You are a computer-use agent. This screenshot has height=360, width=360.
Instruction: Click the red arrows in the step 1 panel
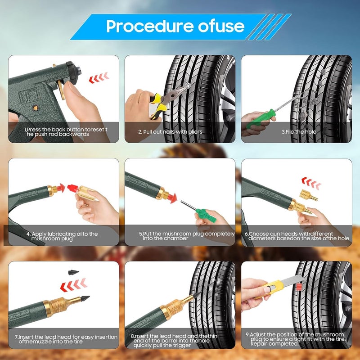(99, 77)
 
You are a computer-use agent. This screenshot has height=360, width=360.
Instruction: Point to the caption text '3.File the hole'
(299, 132)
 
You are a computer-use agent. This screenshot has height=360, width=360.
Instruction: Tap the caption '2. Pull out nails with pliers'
(170, 132)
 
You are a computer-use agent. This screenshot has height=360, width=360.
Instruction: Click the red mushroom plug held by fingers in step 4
(73, 188)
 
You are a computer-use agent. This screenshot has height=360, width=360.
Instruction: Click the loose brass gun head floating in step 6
(308, 195)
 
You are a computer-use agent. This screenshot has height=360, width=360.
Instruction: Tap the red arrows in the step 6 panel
(311, 183)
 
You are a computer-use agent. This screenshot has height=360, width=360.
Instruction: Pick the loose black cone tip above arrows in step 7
(73, 272)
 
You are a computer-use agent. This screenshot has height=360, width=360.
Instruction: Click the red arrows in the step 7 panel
(73, 285)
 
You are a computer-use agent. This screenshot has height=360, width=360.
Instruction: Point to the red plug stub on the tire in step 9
(299, 287)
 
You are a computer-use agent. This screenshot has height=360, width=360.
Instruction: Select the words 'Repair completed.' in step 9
(274, 344)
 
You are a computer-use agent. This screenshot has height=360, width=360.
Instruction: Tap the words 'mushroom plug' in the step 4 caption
(52, 239)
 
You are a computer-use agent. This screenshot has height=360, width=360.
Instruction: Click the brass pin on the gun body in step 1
(35, 108)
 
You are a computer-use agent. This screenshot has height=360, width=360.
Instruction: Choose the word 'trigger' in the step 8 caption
(182, 345)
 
